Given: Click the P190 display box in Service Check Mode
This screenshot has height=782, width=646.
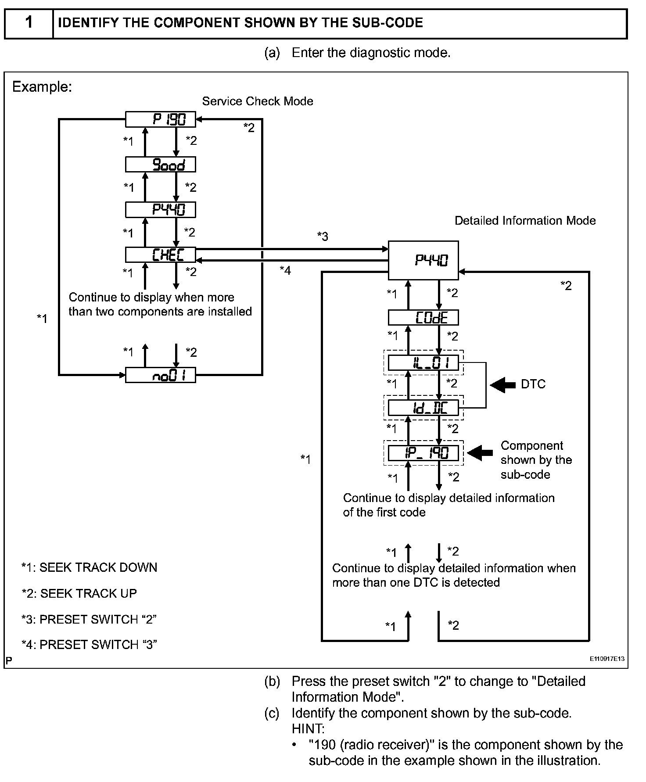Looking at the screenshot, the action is [x=161, y=119].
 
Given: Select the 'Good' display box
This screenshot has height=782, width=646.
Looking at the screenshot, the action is [x=161, y=165].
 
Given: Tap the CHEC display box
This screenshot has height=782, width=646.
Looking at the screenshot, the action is [x=161, y=255].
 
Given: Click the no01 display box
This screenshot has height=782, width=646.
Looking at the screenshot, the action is [x=161, y=375].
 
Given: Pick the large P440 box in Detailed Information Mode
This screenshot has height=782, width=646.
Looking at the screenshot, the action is [x=423, y=260].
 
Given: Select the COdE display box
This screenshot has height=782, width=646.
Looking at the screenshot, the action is [x=423, y=317].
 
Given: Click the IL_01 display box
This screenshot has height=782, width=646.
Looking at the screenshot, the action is [x=423, y=363].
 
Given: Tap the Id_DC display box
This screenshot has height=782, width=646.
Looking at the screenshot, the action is [x=423, y=408].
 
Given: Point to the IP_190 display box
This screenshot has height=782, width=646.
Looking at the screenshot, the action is [x=423, y=453].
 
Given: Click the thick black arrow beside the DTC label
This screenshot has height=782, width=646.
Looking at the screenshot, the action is [x=503, y=385].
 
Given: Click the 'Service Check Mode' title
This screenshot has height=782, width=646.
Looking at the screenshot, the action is [x=258, y=101].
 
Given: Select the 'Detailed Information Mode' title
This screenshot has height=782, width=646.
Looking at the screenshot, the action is [x=525, y=220].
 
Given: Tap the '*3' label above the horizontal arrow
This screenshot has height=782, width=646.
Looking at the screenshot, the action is [x=323, y=237].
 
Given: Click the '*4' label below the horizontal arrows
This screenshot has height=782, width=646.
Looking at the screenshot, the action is [x=285, y=270].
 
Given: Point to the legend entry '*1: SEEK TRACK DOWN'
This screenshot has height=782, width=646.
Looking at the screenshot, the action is [x=89, y=567].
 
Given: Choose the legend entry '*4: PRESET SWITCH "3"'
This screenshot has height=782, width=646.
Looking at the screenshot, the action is [x=89, y=644].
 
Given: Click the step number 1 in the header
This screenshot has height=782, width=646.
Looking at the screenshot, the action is [x=29, y=22].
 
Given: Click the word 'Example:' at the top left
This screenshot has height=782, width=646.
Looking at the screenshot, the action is [x=42, y=87].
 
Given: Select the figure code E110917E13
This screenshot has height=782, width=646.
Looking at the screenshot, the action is [x=607, y=659].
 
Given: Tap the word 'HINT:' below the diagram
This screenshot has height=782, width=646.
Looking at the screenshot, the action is [x=308, y=729].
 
